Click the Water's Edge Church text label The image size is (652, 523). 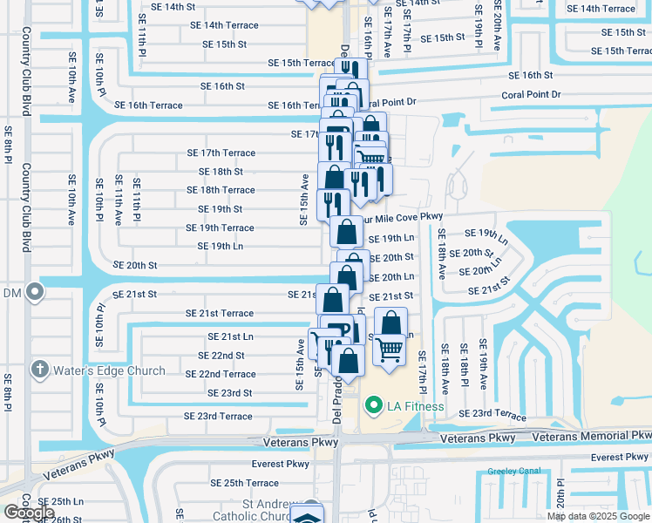(x=109, y=370)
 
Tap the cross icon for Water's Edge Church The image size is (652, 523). (x=38, y=370)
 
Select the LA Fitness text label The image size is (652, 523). (x=416, y=406)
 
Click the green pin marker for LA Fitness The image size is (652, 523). (x=374, y=405)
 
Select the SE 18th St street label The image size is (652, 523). (x=221, y=172)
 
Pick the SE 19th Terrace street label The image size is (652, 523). (x=220, y=228)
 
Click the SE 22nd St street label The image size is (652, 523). (x=221, y=356)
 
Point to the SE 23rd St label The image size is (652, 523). (x=229, y=393)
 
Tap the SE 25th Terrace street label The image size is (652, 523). (x=251, y=483)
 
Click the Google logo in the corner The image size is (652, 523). (x=29, y=513)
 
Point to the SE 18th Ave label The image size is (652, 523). (x=441, y=253)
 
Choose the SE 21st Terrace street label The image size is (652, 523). (x=220, y=313)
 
